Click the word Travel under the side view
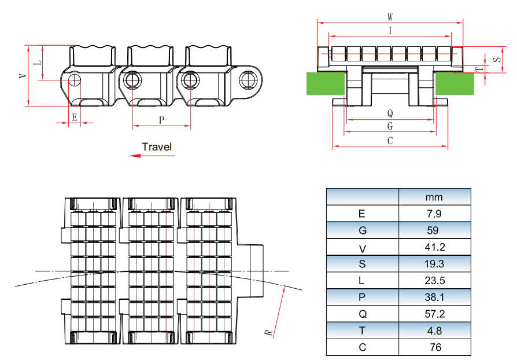pos(157,147)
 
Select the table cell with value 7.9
pos(434,214)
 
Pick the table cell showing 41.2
pos(434,247)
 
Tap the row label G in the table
pos(363,230)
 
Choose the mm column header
pos(434,197)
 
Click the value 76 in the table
pos(434,348)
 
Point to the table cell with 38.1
pos(434,297)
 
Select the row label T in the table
pos(363,331)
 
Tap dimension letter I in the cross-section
pos(390,31)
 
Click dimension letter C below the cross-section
pos(390,141)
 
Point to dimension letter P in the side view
pos(161,119)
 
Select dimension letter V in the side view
pos(23,76)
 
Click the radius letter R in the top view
pos(268,332)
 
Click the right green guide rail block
pos(455,84)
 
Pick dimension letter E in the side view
pos(74,117)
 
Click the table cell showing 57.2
pos(434,314)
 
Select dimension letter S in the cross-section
pos(497,60)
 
